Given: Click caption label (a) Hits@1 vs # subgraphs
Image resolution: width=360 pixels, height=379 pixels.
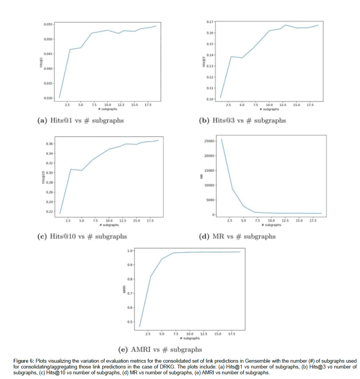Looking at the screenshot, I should click(80, 121).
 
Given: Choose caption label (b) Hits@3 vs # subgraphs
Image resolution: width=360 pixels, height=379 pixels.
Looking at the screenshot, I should click(242, 121).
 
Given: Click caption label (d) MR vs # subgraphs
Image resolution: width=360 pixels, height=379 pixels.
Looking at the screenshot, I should click(237, 236).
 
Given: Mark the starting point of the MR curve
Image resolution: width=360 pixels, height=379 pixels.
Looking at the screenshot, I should click(221, 139).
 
